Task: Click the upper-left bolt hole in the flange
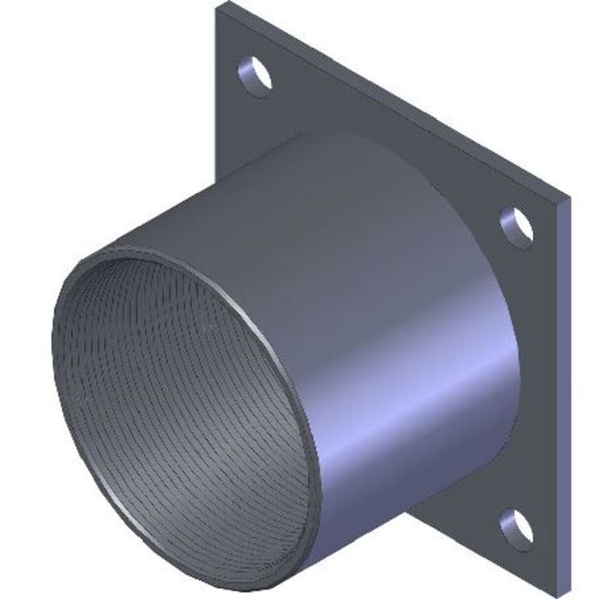click(254, 74)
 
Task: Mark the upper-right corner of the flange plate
click(568, 198)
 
